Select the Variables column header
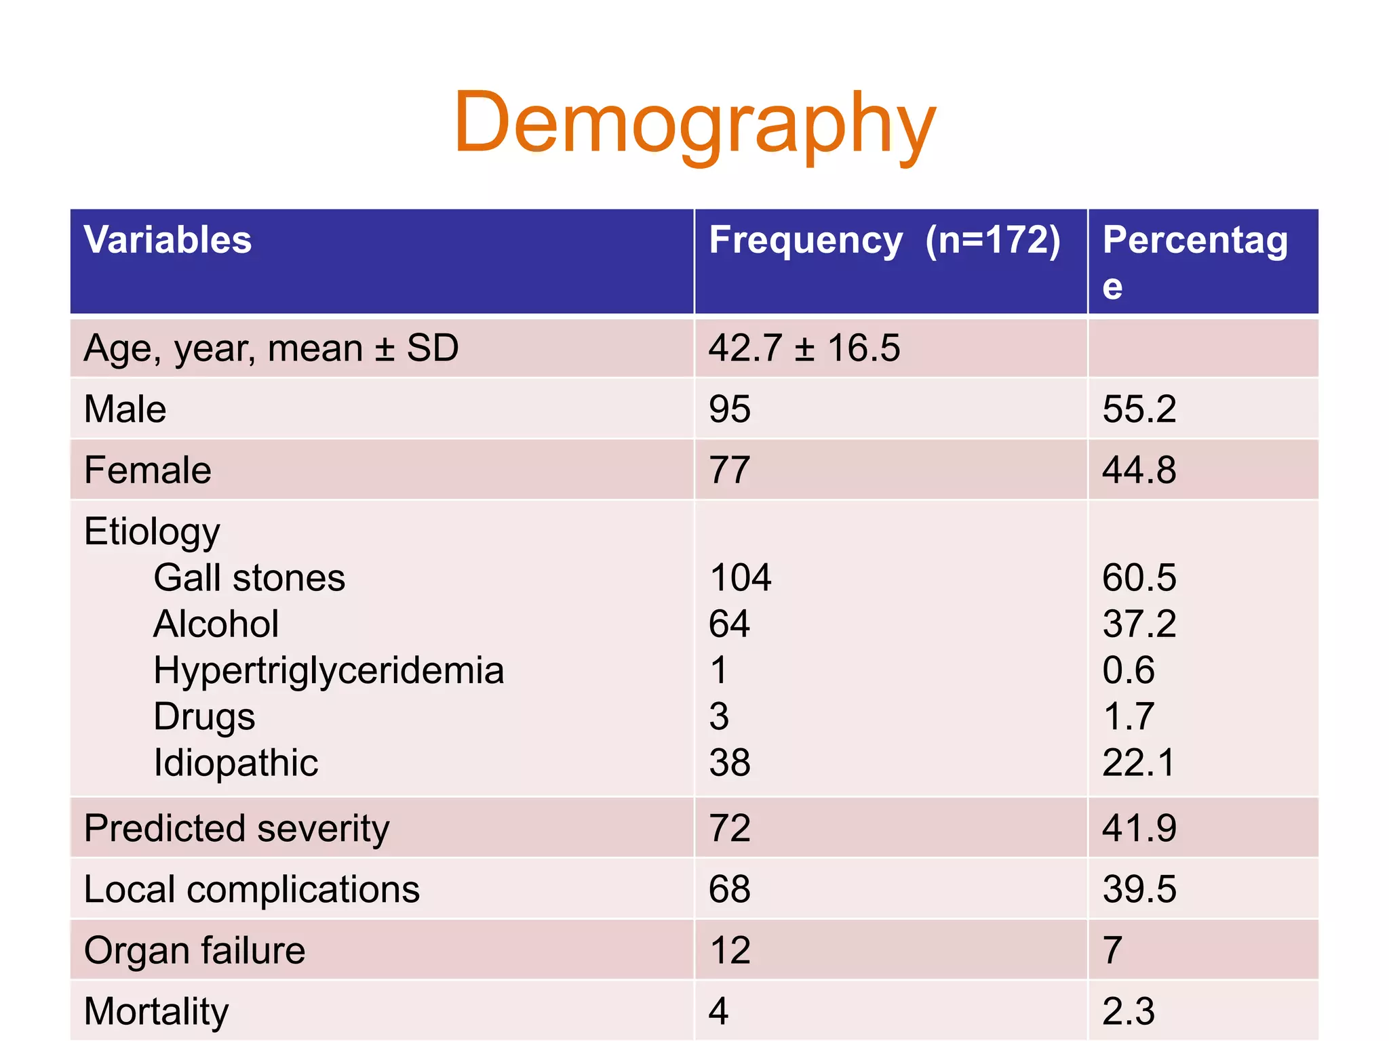click(168, 240)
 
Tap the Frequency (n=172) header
click(884, 240)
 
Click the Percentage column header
click(1194, 261)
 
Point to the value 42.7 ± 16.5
click(804, 348)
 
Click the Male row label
click(125, 409)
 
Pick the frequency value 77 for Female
click(730, 470)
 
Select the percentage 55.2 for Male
click(1139, 409)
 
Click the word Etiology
click(152, 531)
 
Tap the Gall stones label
click(249, 578)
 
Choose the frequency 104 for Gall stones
click(740, 578)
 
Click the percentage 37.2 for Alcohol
click(1139, 624)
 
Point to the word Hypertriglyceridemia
click(329, 671)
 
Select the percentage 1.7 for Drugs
click(1128, 717)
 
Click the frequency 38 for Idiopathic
click(730, 763)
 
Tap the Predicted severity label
click(237, 828)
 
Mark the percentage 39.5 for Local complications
click(1139, 889)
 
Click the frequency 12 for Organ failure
click(730, 950)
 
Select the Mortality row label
click(157, 1011)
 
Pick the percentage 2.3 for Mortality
click(1128, 1011)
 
